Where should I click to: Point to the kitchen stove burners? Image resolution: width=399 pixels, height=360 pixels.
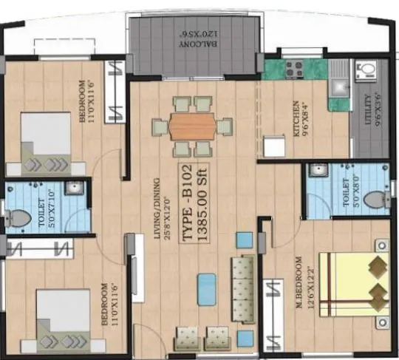tap(287, 71)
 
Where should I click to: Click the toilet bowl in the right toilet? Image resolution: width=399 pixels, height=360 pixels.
tap(375, 198)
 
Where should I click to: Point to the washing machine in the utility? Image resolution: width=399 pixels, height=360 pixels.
tap(365, 75)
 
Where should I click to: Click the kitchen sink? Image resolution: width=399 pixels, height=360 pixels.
tap(339, 77)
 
